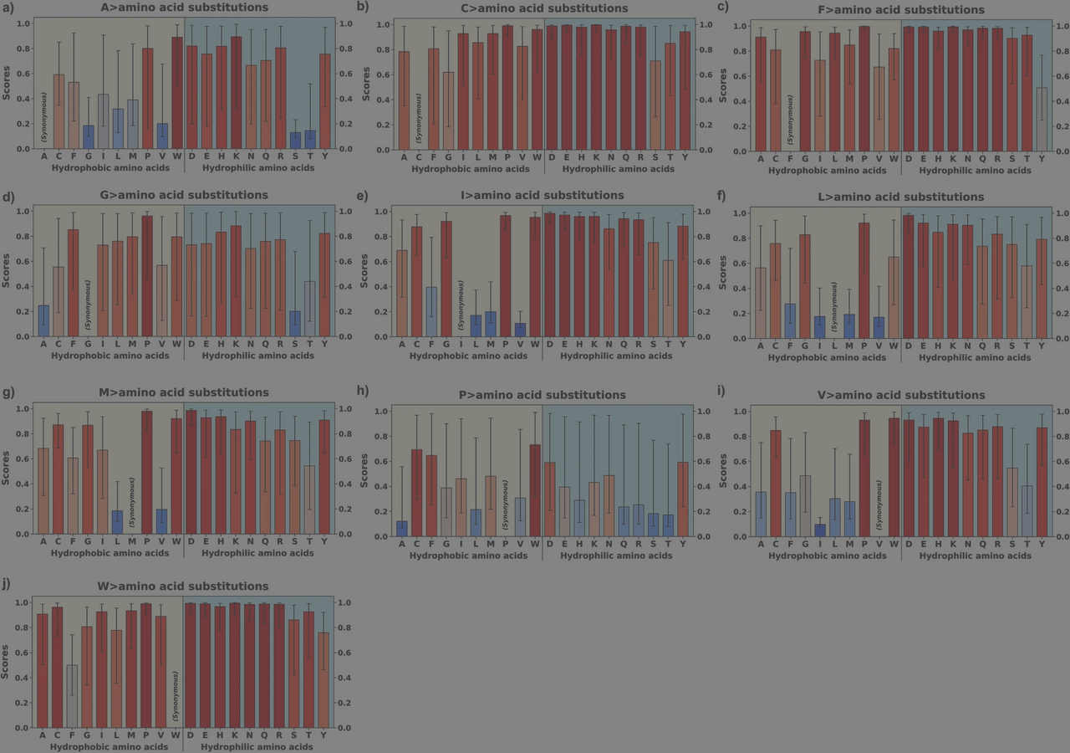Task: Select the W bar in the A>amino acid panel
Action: coord(177,93)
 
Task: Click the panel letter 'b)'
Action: coord(363,7)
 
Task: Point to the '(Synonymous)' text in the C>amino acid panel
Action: coord(419,117)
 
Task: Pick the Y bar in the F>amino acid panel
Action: coord(1041,120)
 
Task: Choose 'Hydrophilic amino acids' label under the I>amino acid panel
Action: coord(616,356)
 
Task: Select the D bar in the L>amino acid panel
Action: coord(909,277)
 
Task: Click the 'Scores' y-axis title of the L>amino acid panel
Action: coord(723,275)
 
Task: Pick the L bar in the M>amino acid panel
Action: coord(117,522)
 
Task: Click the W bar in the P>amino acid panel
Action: coord(534,490)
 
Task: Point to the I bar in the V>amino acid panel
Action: coord(819,530)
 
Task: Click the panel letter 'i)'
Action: coord(721,392)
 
